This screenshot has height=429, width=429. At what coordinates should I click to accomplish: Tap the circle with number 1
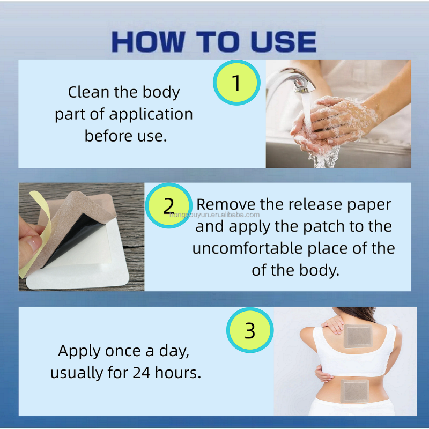coord(236,83)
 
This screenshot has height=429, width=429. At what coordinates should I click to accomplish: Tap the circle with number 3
coord(250,330)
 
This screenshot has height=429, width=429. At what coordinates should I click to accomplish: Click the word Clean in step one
coord(88,92)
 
